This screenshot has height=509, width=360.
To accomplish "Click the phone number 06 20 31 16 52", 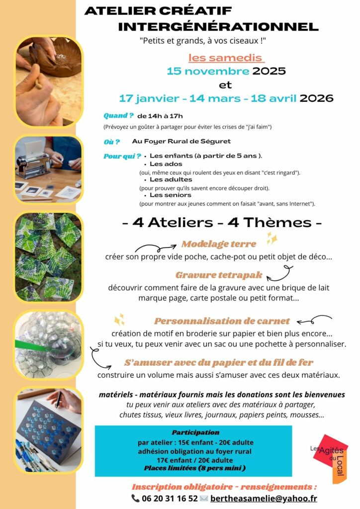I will [170, 498].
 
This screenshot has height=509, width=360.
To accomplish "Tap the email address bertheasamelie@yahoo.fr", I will [264, 498].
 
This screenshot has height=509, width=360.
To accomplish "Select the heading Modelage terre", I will [219, 244].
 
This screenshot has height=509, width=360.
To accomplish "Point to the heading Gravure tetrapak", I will [219, 275].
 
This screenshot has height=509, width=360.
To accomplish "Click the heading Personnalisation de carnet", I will [222, 321].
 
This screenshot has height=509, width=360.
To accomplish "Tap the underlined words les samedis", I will [226, 58].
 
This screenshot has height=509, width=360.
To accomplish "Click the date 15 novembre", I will [208, 71].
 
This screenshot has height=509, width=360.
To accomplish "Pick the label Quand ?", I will [118, 115].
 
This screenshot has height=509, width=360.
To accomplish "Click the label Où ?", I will [111, 141].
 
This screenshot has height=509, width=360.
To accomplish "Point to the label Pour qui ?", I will [122, 156].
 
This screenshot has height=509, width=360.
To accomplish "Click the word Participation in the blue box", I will [195, 432].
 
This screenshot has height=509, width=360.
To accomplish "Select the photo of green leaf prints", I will [49, 257].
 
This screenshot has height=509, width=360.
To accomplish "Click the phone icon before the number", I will [135, 498].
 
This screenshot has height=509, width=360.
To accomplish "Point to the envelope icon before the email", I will [203, 498].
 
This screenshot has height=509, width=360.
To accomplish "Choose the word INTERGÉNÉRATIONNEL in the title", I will [218, 26].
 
